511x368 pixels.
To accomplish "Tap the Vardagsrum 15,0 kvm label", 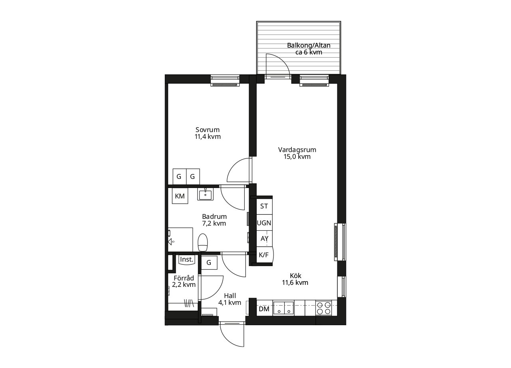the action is pos(297,153).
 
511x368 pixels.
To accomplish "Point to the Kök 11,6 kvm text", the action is pos(295,279).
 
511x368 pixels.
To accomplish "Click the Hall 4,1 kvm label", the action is pos(230,299).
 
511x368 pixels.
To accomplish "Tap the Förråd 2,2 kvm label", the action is pos(184,281).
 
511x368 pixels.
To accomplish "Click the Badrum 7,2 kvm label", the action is pos(214,220).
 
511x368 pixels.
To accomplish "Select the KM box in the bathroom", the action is pos(180,196).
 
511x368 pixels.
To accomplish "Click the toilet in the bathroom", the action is pos(202,242).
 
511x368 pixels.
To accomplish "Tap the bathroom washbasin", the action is pos(205,194).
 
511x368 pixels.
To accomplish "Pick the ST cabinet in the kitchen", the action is pos(264,206).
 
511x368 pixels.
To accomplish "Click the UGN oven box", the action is pos(264,223).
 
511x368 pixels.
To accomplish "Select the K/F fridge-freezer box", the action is pos(265,255).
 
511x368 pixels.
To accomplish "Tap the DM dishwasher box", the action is pos(264,309).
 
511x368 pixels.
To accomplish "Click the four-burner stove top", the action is pos(324,308).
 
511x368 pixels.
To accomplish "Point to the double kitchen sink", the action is pos(283,308).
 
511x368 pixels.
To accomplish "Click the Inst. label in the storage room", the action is pos(187,260).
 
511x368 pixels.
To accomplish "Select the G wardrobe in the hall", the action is pos(209,263).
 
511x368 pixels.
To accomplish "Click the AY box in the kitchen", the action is pos(264,239).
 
